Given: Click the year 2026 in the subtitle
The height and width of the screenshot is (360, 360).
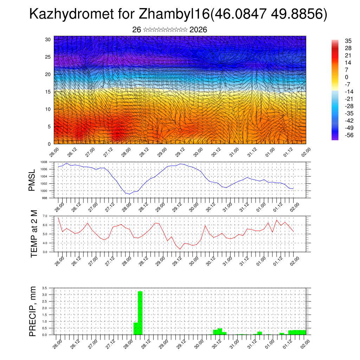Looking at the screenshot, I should point(198,30).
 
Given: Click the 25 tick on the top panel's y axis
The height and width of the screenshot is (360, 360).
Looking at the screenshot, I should point(49,57).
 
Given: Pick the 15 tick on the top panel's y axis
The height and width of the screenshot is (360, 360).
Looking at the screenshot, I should point(49,92).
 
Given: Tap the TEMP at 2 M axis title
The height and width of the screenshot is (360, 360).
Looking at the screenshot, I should point(34,234).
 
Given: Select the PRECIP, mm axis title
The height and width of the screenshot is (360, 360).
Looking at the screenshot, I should point(33,311).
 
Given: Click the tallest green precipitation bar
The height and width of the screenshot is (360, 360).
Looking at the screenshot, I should point(140,313).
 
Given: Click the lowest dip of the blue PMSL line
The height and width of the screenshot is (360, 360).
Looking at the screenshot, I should point(129,194).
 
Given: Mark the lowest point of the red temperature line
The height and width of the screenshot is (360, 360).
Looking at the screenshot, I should point(180,249).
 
